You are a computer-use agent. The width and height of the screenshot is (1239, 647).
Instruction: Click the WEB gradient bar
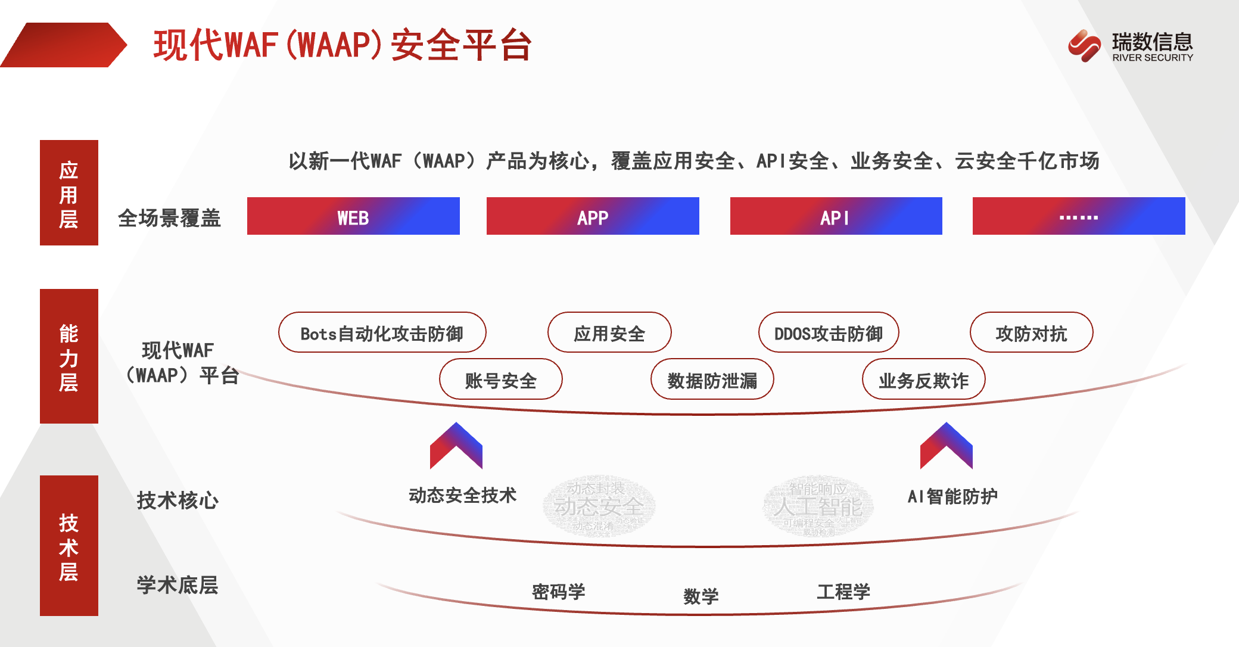click(x=353, y=216)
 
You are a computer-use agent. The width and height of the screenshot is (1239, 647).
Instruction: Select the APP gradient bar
click(x=593, y=216)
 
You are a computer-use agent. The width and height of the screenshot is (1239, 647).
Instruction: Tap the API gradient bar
click(x=836, y=216)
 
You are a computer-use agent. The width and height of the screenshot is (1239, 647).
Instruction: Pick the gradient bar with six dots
click(x=1079, y=216)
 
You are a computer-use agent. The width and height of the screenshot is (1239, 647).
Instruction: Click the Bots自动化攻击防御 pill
click(x=382, y=332)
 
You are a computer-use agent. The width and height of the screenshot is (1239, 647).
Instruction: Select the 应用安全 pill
click(x=609, y=332)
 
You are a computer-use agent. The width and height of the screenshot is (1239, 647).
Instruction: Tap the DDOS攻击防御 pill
click(x=829, y=332)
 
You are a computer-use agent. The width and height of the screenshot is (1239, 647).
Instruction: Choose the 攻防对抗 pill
click(x=1031, y=332)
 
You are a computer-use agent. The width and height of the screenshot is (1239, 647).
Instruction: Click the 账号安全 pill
click(x=501, y=380)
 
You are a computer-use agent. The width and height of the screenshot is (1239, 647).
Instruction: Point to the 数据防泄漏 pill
click(x=712, y=380)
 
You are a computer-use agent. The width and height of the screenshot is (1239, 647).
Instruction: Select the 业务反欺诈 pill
click(x=924, y=380)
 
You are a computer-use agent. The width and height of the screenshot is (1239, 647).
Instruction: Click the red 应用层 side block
click(x=69, y=193)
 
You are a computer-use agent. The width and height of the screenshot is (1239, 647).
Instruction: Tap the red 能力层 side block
click(x=69, y=356)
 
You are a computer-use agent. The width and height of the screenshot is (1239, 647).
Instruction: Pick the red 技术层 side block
click(x=69, y=546)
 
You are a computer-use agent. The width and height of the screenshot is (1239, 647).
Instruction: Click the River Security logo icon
click(x=1084, y=45)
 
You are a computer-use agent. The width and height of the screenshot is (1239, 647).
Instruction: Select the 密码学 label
click(x=558, y=592)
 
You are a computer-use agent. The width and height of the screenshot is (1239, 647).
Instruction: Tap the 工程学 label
click(x=843, y=592)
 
